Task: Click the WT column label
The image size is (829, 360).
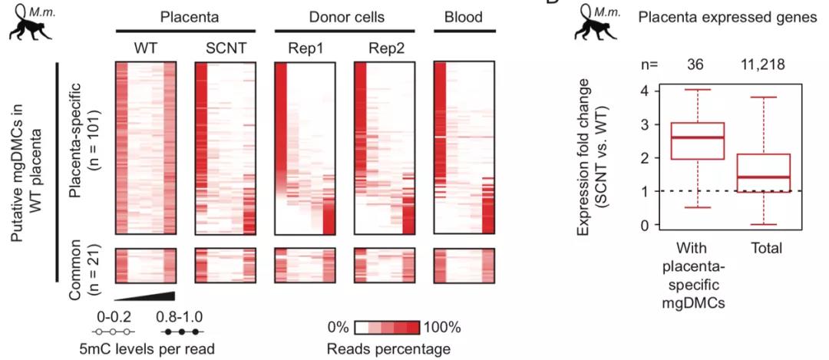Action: coord(145,48)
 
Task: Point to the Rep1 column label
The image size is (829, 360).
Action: coord(304,48)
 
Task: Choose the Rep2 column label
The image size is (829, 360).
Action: coord(383,48)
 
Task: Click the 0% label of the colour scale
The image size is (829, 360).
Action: coord(338,327)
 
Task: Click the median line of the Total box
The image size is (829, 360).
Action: coord(763,177)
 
